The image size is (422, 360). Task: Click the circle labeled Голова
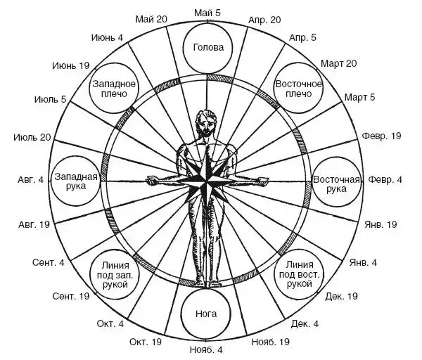tap(208, 49)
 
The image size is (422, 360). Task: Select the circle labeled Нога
tap(208, 314)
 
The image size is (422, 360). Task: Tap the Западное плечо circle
tap(113, 89)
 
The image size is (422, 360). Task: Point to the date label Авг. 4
tap(30, 180)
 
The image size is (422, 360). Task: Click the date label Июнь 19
tap(71, 65)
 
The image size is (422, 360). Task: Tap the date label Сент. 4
tap(49, 263)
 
